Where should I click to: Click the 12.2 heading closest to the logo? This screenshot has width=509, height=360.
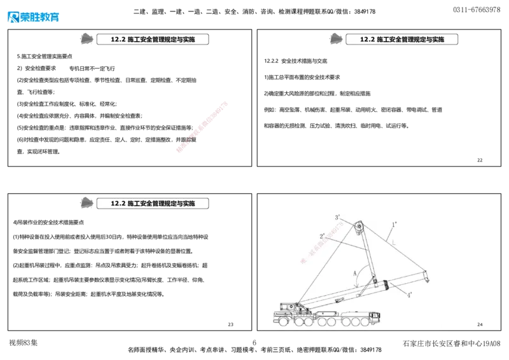(152, 39)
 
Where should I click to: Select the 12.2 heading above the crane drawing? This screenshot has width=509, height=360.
(401, 39)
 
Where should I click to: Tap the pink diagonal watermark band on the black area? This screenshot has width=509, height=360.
(202, 126)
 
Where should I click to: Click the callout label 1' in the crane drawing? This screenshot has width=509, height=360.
(394, 225)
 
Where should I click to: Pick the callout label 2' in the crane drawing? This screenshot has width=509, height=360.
(323, 235)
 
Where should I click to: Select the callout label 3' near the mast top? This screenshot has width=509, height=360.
(338, 218)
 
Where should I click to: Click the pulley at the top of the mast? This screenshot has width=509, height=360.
(358, 227)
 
